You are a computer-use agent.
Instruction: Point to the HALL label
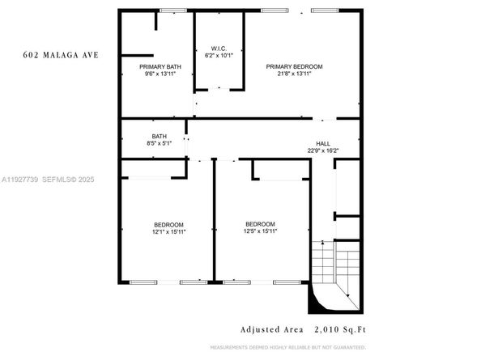coord(323,142)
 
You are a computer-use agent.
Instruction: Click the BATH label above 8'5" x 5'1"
coord(159,136)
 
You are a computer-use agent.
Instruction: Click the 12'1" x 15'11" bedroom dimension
coord(168,232)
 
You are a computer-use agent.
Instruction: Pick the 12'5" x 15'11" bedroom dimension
coord(260,231)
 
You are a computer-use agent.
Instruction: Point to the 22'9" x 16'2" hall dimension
coord(323,150)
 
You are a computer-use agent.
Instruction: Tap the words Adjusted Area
coord(271,329)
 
